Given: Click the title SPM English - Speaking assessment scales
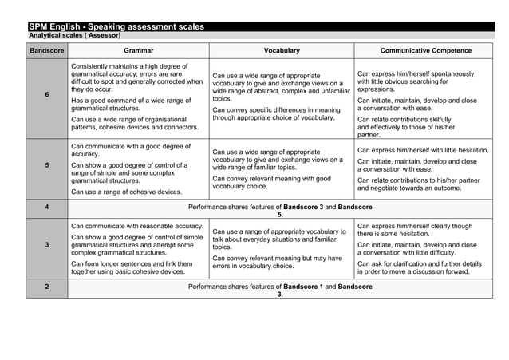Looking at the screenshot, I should point(116,27).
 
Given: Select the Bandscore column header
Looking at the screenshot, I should point(46,51).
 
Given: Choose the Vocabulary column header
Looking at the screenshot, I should point(282,51).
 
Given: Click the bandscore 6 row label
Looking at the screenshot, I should point(46,95).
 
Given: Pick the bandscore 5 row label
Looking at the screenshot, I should point(46,166).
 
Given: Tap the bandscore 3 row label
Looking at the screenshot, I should point(46,245).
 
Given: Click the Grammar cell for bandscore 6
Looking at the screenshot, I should point(136,97).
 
